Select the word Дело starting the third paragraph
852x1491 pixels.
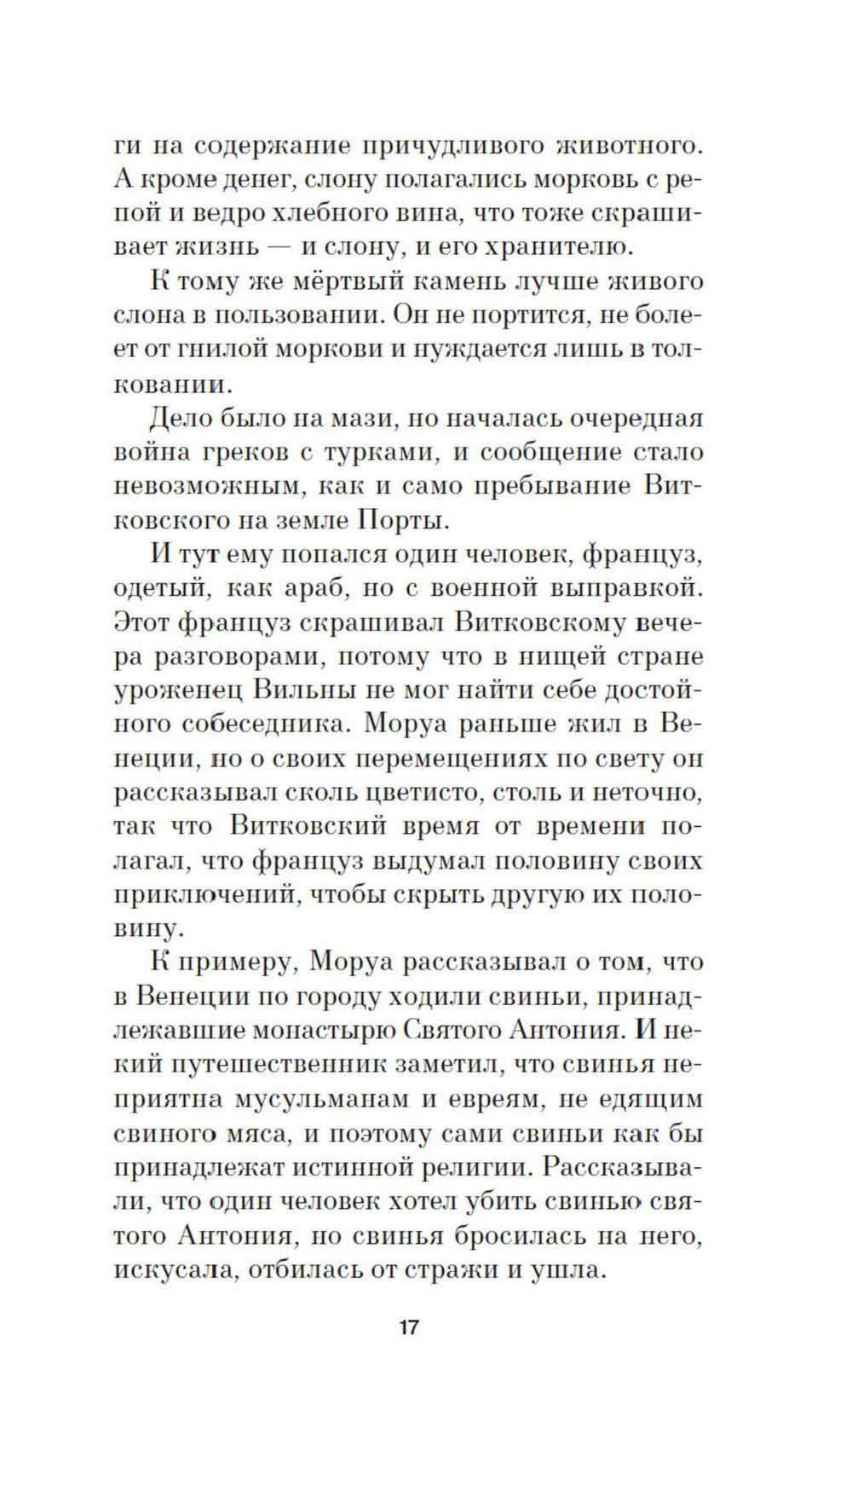[182, 419]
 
